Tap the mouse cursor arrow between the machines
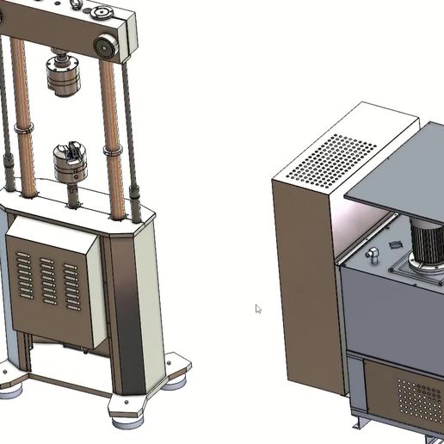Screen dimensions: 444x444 click(257, 308)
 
